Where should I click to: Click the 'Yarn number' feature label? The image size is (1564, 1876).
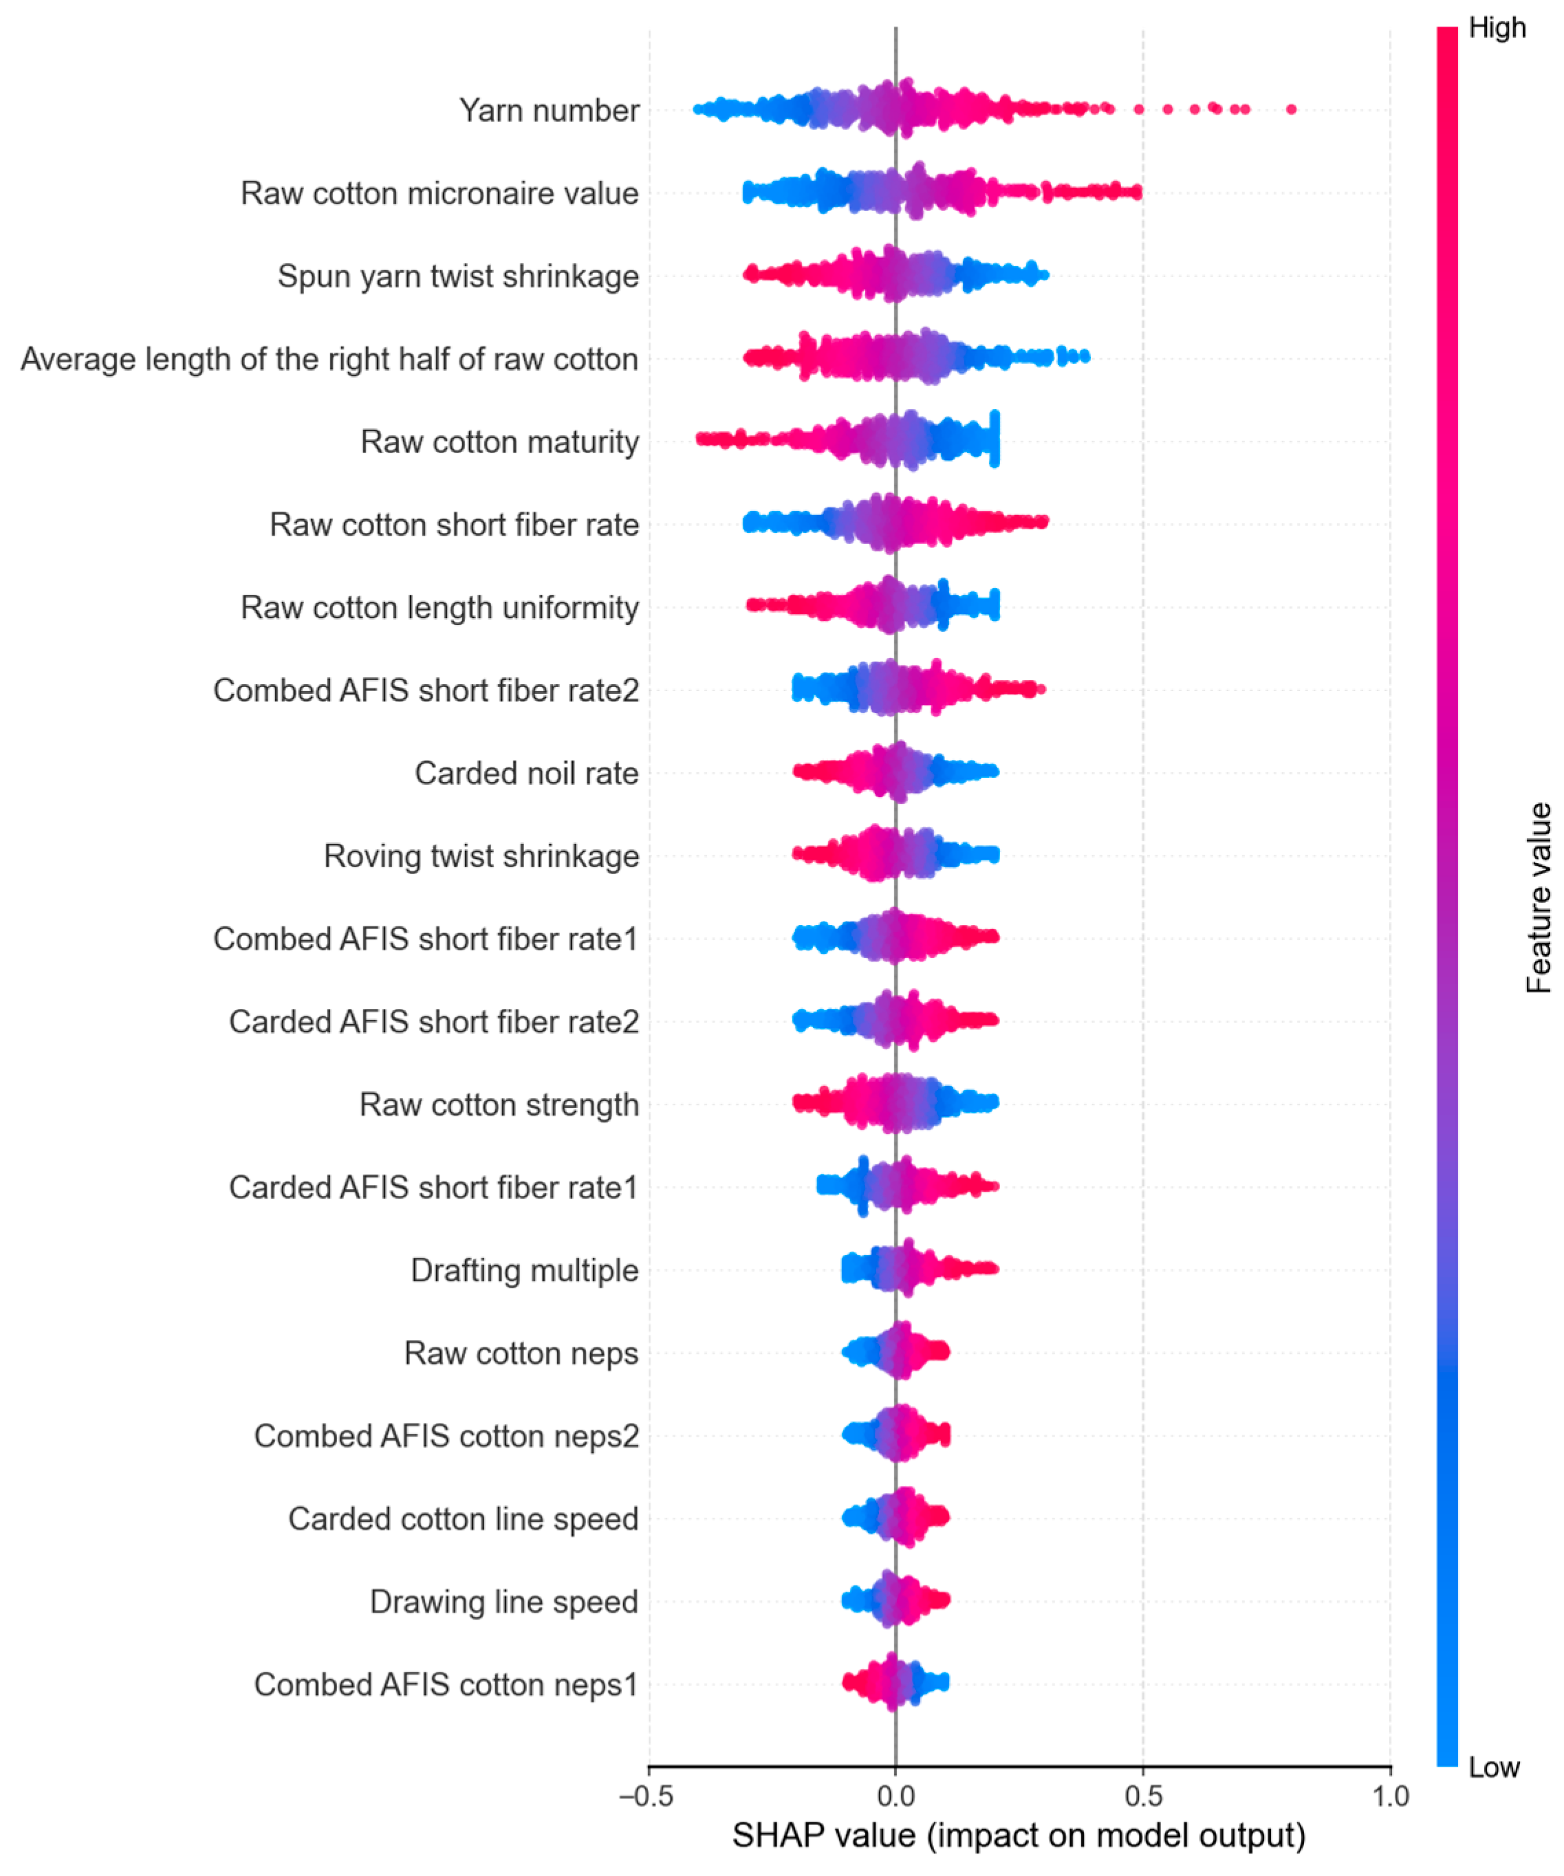tap(550, 111)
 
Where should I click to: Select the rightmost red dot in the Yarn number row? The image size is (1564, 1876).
tap(1291, 110)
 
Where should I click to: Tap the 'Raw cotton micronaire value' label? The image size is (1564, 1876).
tap(440, 194)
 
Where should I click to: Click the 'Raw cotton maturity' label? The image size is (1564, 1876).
tap(500, 442)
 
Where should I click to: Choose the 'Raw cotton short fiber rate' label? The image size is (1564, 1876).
tap(455, 525)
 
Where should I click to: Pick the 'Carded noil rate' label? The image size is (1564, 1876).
tap(527, 774)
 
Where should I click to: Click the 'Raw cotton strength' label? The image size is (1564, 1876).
tap(499, 1105)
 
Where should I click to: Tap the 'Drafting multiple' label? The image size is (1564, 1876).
tap(525, 1270)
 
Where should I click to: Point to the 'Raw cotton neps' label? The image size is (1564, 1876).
tap(521, 1353)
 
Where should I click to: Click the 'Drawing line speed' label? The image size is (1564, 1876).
tap(505, 1602)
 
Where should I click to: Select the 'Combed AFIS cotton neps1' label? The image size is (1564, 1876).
tap(446, 1685)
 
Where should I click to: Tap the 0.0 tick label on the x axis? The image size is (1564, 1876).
tap(896, 1796)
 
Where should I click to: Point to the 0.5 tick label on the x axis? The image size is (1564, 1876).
tap(1143, 1796)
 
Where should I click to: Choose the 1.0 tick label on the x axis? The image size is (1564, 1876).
tap(1391, 1796)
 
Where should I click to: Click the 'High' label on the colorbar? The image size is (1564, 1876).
tap(1498, 29)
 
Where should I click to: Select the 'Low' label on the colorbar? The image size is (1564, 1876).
tap(1495, 1767)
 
